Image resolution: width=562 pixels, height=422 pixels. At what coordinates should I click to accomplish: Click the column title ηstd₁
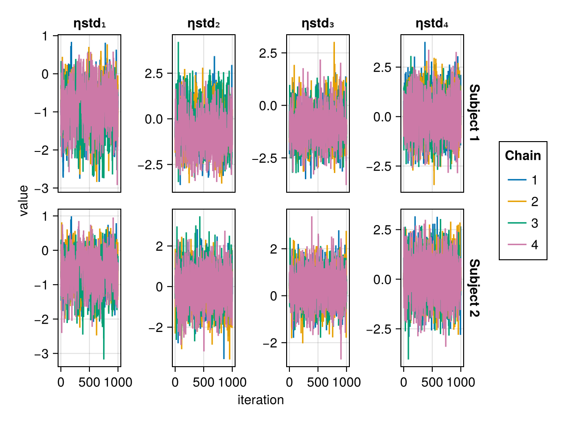(89, 23)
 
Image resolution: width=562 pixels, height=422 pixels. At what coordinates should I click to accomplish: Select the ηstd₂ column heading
(204, 23)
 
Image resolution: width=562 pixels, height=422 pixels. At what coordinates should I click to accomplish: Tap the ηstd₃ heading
(318, 23)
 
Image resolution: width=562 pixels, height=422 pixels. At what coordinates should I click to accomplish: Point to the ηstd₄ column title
(432, 23)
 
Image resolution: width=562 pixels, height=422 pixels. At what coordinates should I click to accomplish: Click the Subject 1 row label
(474, 114)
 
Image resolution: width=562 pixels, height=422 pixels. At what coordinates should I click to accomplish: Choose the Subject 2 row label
(474, 287)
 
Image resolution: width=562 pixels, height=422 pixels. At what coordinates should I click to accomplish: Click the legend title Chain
(523, 156)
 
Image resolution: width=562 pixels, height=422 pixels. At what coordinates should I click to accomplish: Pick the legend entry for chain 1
(523, 180)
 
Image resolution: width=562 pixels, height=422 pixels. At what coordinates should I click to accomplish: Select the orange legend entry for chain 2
(523, 202)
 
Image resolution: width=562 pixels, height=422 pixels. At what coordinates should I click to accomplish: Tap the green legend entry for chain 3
(523, 223)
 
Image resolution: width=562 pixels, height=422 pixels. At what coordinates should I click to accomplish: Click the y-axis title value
(24, 201)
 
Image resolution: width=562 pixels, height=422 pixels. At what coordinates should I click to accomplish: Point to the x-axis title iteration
(261, 400)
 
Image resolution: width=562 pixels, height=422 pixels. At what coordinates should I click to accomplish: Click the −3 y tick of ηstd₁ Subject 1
(45, 188)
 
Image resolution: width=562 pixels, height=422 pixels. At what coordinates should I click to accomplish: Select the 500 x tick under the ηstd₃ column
(318, 382)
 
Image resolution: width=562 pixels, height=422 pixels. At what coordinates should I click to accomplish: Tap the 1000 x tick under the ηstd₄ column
(461, 382)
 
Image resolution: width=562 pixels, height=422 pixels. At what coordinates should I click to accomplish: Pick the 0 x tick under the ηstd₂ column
(175, 382)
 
